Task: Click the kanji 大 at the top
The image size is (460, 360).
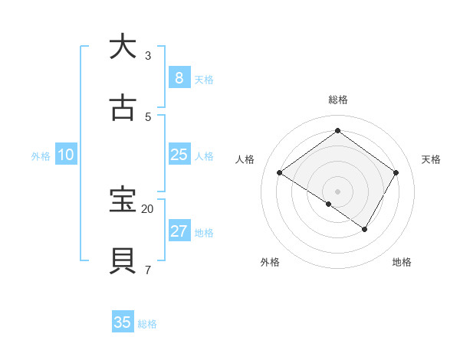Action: tap(123, 47)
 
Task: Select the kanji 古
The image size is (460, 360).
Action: tap(123, 108)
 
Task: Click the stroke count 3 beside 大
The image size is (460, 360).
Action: tap(148, 56)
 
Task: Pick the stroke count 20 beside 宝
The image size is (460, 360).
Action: tap(148, 208)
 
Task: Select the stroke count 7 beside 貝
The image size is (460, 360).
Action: tap(148, 270)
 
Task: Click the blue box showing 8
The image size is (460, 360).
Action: tap(179, 78)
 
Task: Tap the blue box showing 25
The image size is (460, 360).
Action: tap(179, 155)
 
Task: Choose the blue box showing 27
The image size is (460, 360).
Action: tap(179, 231)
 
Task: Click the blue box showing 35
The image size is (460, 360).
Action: tap(123, 322)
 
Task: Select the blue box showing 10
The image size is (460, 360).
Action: tap(66, 155)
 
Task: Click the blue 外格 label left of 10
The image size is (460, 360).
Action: tap(41, 156)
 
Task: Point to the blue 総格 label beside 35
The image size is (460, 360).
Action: tap(147, 324)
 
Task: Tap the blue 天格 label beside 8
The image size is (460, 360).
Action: tap(204, 80)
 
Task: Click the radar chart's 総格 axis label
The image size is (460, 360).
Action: tap(337, 100)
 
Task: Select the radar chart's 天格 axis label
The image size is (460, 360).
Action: tap(431, 159)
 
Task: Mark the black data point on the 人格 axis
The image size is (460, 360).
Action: tap(280, 173)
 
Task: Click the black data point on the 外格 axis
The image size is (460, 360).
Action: tap(329, 205)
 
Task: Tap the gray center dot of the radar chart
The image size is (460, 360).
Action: tap(337, 191)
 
